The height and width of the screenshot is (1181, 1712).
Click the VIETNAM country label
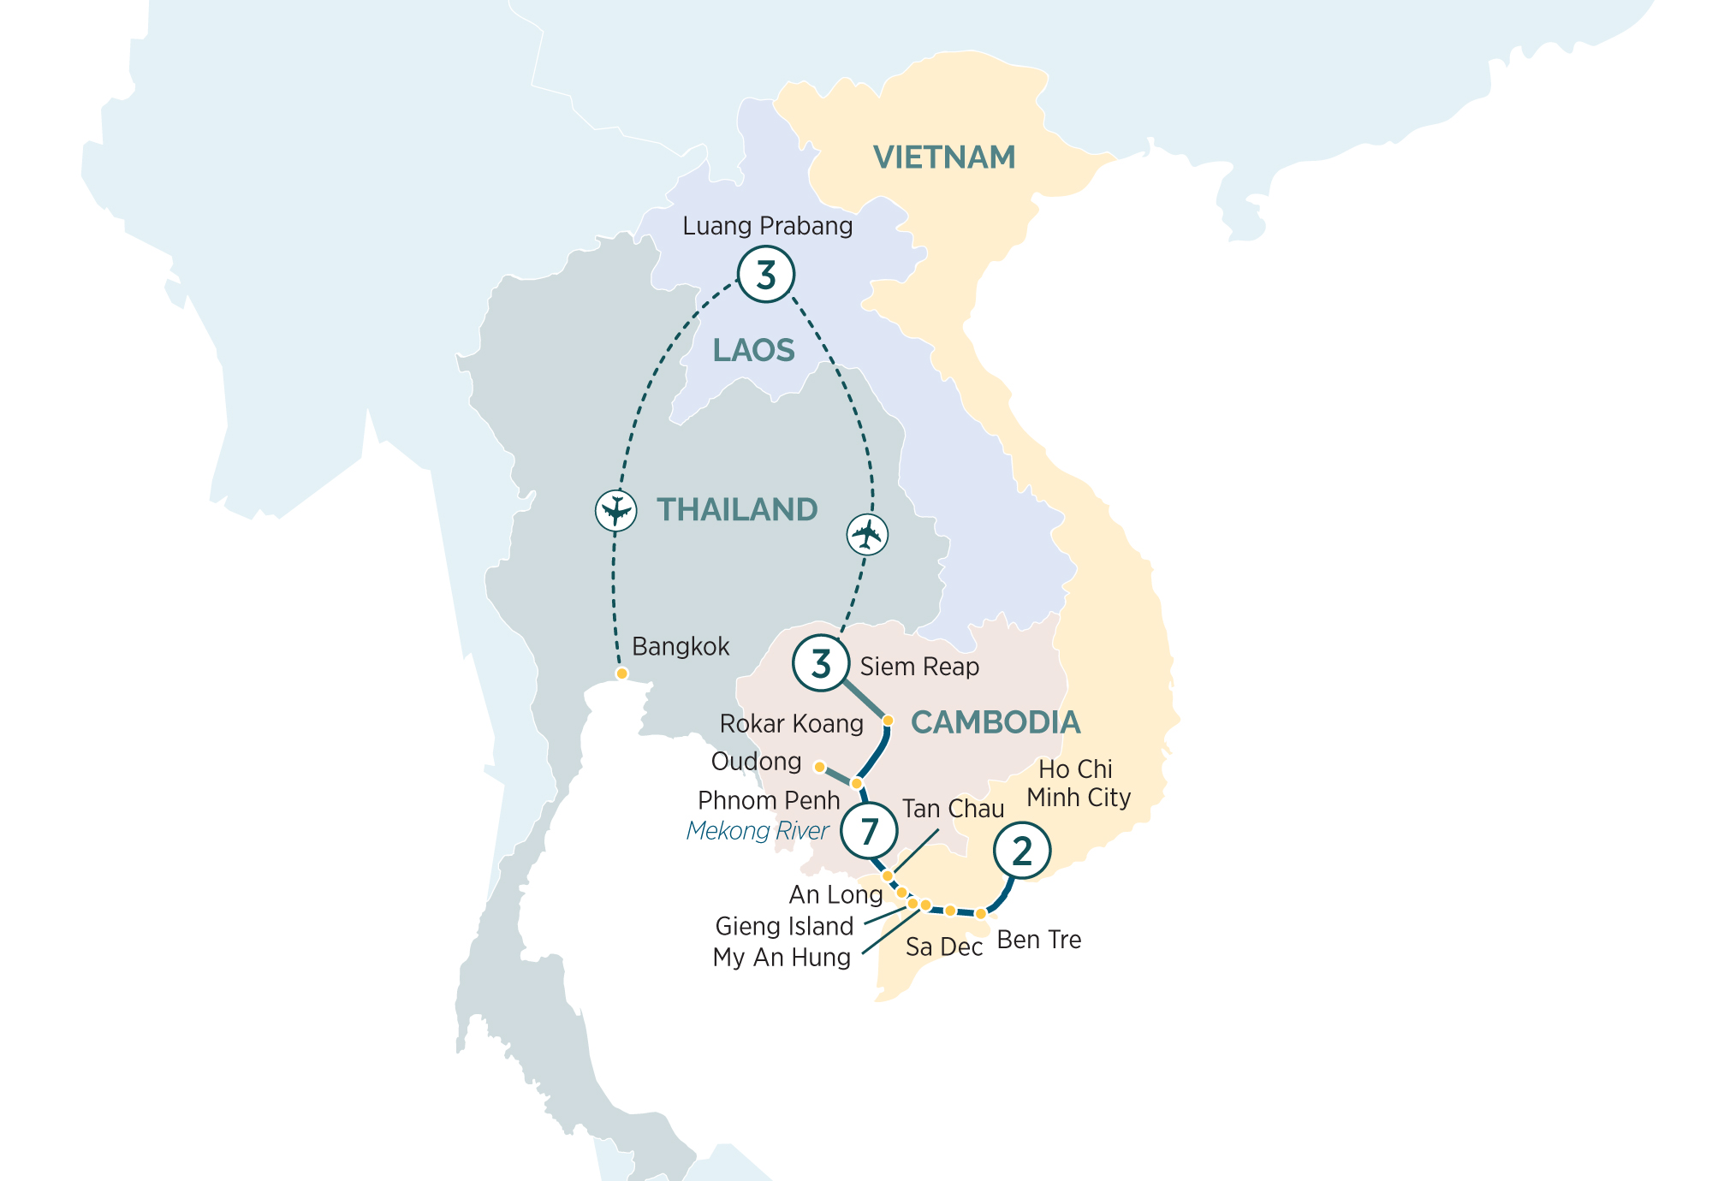[x=944, y=157]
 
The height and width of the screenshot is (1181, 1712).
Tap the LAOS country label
[x=753, y=351]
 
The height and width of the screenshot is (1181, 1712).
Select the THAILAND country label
[x=737, y=510]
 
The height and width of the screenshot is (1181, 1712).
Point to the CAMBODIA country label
[x=996, y=722]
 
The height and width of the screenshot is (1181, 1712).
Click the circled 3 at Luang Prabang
[x=766, y=275]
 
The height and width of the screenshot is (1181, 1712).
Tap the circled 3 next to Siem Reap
[x=821, y=663]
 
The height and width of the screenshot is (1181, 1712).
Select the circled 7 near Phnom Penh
[x=869, y=830]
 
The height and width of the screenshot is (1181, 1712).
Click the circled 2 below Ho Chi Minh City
[x=1022, y=851]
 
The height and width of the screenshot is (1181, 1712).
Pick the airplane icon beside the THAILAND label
[x=615, y=511]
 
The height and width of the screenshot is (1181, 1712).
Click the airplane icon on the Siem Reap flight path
[x=867, y=535]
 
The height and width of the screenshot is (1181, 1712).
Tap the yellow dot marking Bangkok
[x=622, y=674]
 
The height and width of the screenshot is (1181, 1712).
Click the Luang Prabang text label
[x=768, y=226]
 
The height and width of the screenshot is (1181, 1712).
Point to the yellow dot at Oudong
[x=819, y=767]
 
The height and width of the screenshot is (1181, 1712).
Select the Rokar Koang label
[x=791, y=724]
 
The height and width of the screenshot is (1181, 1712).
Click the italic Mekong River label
[x=758, y=831]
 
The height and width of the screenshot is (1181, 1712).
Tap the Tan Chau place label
[x=953, y=809]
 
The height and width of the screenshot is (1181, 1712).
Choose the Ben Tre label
[x=1039, y=940]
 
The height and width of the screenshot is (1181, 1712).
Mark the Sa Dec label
[x=944, y=947]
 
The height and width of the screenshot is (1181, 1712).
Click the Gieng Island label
[x=784, y=926]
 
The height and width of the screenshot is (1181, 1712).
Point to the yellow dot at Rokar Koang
[x=888, y=721]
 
